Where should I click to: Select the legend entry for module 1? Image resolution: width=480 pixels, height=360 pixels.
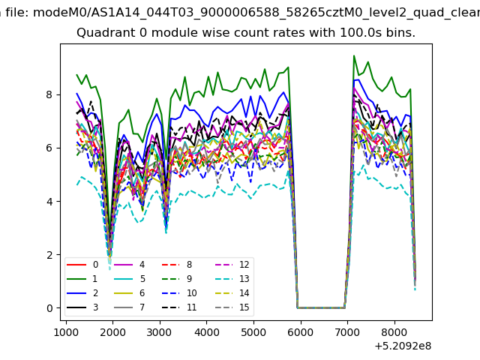coord(82,279)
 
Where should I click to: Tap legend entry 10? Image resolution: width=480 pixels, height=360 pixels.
coord(179,293)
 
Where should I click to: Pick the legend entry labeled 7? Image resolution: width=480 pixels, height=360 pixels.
coord(129,307)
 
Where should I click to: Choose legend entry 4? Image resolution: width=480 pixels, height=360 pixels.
coord(129,265)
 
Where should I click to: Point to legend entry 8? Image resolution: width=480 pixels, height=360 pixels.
coord(177,265)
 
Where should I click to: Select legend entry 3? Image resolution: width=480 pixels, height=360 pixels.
coord(82,307)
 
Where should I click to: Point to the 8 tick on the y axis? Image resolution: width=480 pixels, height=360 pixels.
coord(49,95)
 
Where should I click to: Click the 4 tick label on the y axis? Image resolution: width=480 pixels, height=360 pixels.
coord(49,202)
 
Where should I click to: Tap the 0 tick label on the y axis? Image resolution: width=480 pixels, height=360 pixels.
coord(49,308)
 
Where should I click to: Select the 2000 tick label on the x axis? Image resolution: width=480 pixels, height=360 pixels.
coord(113,332)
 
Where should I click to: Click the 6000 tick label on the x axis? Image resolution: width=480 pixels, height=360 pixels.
coord(301,332)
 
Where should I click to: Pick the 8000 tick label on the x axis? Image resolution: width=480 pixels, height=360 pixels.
coord(394,332)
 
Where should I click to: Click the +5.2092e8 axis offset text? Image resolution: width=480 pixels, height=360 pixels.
coord(403,346)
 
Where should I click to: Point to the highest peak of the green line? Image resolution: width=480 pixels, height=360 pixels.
coord(354,55)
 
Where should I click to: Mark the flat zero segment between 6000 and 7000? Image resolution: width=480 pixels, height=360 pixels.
coord(321,307)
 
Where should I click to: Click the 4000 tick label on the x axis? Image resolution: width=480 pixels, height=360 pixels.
coord(207,332)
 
